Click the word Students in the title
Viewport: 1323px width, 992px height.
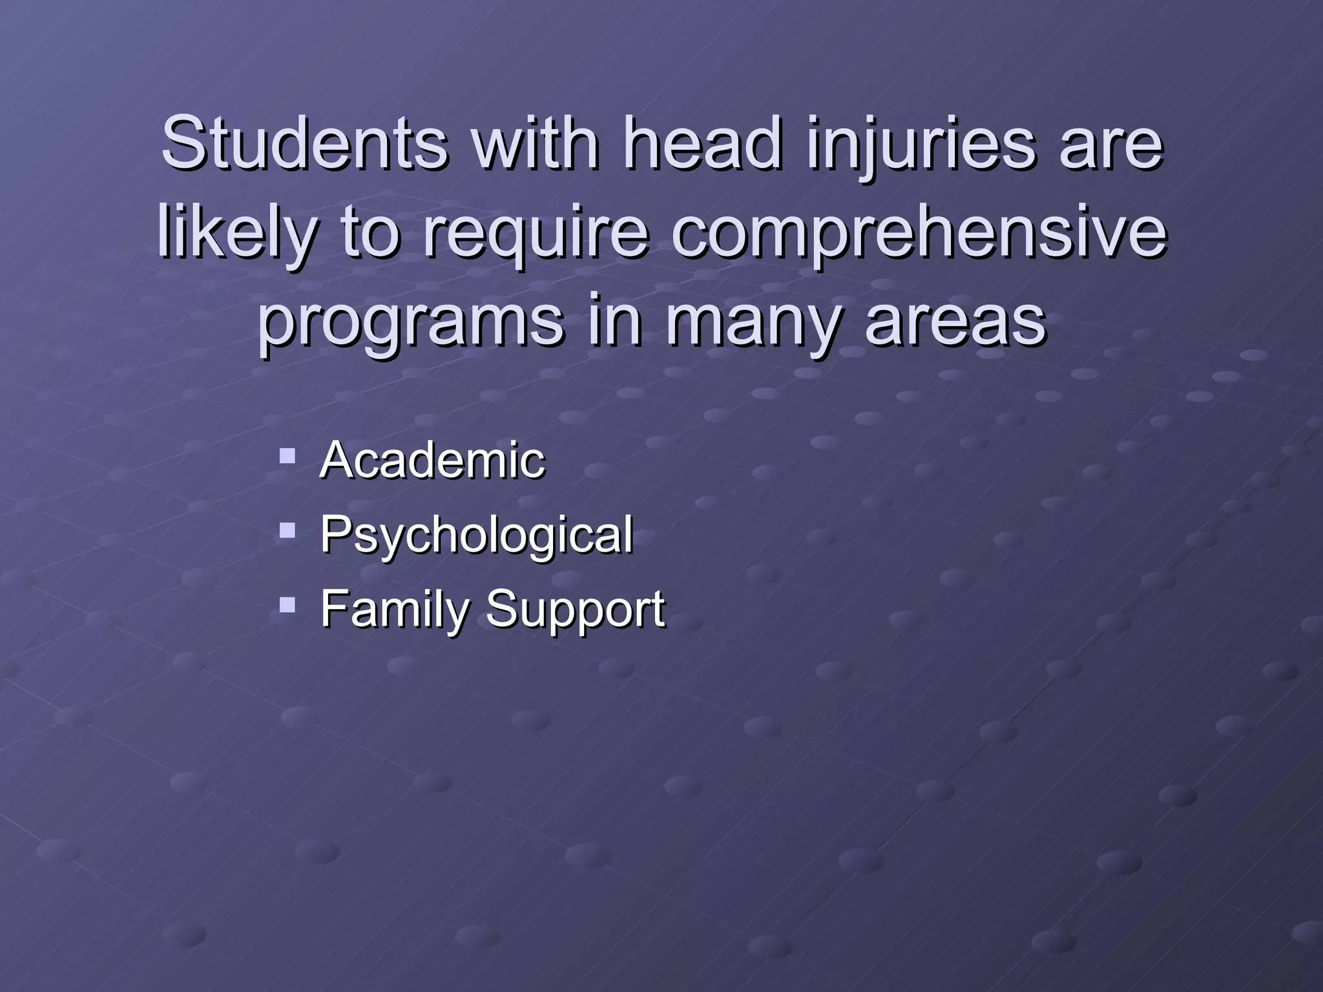[x=304, y=143]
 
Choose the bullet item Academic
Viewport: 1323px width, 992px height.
[x=432, y=460]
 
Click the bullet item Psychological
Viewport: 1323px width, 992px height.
[x=476, y=534]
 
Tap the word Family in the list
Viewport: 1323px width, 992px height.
[x=393, y=608]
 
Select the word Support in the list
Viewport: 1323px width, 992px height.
[x=574, y=608]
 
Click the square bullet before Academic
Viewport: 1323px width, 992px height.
[x=287, y=457]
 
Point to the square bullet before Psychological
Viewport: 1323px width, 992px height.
[x=287, y=532]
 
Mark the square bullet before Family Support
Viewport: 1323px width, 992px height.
[x=287, y=606]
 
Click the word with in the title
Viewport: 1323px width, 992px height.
[x=535, y=143]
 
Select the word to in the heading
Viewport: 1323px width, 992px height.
[x=371, y=232]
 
